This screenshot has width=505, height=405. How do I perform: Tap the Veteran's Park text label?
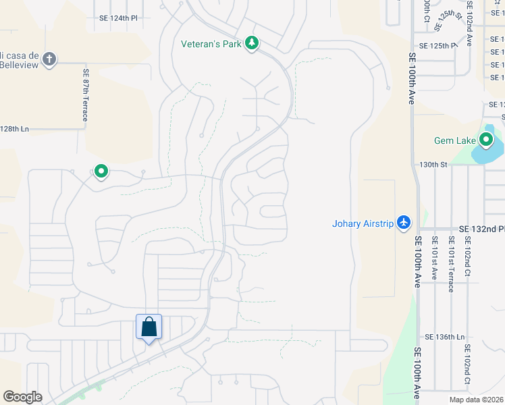212,45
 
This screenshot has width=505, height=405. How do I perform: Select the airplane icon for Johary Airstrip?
404,222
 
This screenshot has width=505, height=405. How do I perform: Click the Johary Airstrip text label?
363,223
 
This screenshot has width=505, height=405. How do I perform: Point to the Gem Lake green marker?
485,140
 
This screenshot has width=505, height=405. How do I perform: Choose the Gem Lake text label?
456,141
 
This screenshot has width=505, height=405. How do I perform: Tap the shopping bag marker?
149,327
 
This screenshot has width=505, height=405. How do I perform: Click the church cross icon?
49,59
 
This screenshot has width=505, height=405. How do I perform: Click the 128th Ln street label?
15,128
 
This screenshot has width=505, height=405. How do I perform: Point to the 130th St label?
433,164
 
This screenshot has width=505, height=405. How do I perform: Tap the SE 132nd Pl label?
481,230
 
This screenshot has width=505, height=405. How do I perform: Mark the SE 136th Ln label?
445,336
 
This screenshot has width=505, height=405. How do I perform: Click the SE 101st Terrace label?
450,265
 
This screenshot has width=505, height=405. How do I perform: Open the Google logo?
22,397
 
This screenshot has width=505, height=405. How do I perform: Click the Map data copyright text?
476,400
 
